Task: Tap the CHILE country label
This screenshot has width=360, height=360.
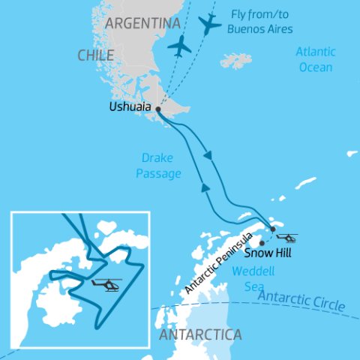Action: pos(95,55)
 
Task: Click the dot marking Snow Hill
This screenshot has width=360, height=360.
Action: pos(262,243)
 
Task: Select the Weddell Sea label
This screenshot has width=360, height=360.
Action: pos(250,279)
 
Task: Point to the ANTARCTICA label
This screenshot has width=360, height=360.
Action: pos(199,333)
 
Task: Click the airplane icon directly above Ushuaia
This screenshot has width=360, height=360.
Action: pos(180,46)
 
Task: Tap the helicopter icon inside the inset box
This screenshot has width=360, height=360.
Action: pos(106,285)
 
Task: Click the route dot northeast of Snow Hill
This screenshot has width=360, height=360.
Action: pos(273,229)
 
